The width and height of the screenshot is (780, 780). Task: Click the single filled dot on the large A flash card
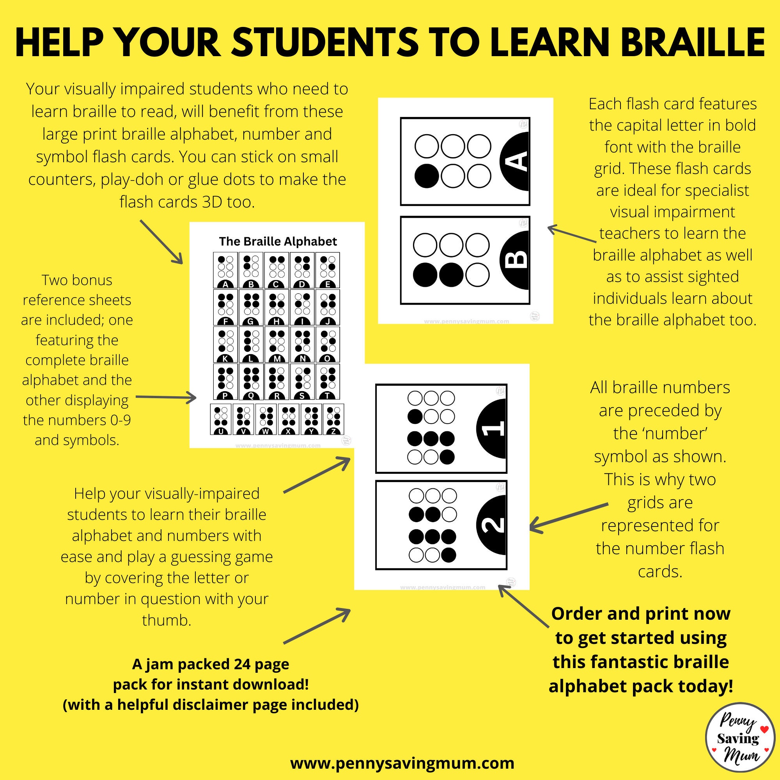click(427, 176)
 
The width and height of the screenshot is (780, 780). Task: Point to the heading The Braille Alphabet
click(278, 241)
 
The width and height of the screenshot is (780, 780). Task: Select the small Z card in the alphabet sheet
click(333, 419)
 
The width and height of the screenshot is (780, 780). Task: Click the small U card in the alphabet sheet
click(221, 419)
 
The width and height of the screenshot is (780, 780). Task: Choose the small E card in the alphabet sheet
click(328, 270)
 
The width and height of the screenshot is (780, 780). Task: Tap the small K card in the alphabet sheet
click(226, 344)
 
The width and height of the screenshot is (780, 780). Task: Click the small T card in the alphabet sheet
click(328, 381)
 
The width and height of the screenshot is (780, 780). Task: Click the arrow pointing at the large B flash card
click(571, 234)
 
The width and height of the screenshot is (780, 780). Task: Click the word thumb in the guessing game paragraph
click(167, 620)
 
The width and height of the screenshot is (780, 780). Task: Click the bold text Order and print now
click(641, 613)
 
